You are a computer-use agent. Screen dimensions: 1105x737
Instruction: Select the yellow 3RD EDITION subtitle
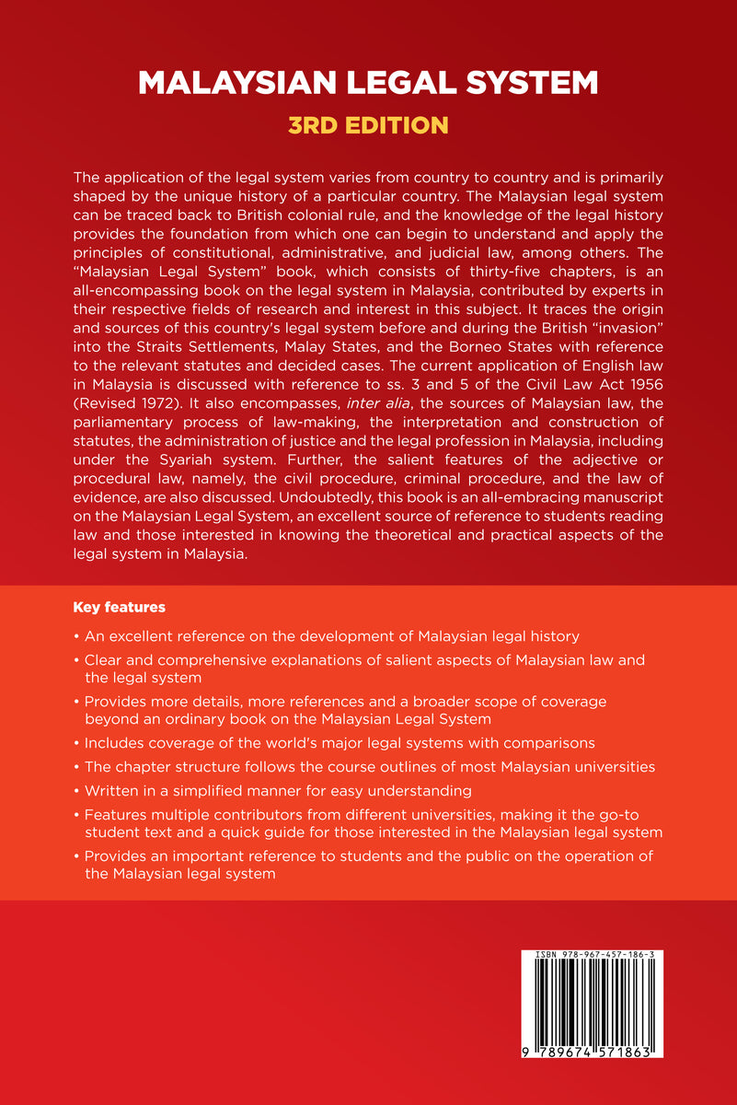tap(368, 125)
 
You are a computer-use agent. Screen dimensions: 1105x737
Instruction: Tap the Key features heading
tap(119, 608)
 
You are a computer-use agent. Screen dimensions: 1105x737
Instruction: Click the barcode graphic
tap(593, 1009)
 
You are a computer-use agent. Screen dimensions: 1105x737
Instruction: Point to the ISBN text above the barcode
tap(593, 957)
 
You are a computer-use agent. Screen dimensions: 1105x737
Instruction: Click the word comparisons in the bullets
tap(552, 741)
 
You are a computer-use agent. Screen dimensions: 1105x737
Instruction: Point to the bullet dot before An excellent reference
tap(75, 636)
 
